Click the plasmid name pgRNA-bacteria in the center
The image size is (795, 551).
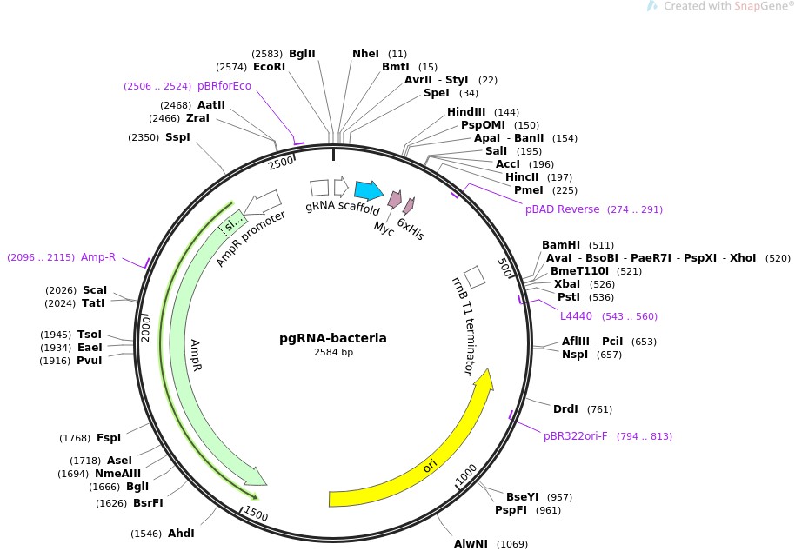point(333,338)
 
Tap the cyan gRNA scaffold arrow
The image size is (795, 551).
point(369,190)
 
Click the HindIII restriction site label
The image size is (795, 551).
point(466,112)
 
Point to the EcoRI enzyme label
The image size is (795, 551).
point(269,67)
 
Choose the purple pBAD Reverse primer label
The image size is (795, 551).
point(562,209)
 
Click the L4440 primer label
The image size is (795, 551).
point(576,316)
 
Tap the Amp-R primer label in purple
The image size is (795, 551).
point(98,257)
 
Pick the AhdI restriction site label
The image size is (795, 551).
point(181,534)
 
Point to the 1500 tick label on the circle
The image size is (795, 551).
point(256,514)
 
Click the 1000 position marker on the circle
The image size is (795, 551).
point(466,474)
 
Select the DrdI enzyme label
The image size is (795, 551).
point(566,409)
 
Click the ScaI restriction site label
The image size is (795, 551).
point(95,290)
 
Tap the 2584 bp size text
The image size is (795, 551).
point(333,353)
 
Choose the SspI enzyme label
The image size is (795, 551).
point(177,137)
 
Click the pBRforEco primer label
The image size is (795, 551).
point(224,86)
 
